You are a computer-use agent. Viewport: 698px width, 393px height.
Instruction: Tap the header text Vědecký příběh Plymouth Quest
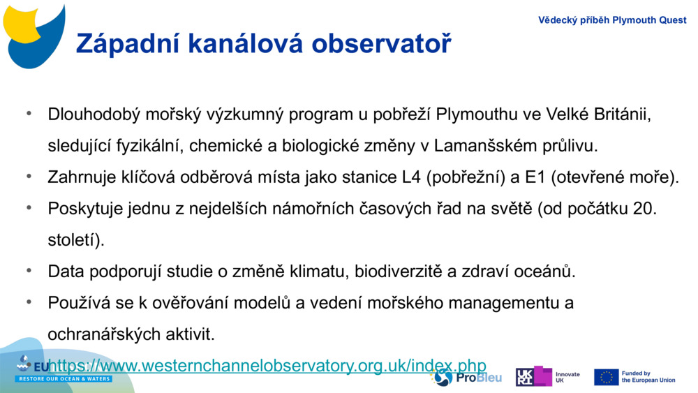click(x=611, y=20)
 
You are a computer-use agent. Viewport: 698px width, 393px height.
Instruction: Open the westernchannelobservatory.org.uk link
click(x=267, y=365)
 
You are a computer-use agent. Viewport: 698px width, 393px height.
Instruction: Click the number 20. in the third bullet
click(x=644, y=209)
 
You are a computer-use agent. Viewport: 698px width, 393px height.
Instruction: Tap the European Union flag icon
click(x=606, y=377)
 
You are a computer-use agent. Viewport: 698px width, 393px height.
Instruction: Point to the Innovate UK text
click(x=567, y=378)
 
